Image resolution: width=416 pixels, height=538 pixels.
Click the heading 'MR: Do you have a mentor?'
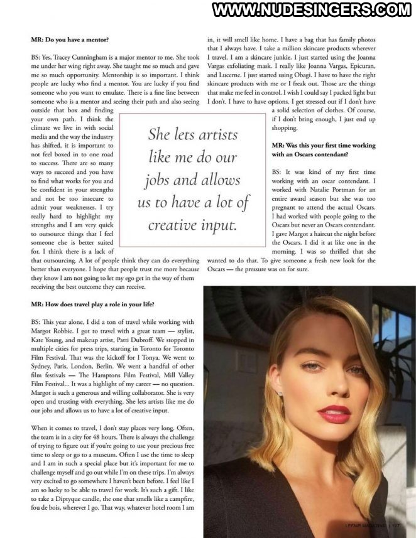pos(70,40)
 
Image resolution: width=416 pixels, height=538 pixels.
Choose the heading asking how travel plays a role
pos(91,304)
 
